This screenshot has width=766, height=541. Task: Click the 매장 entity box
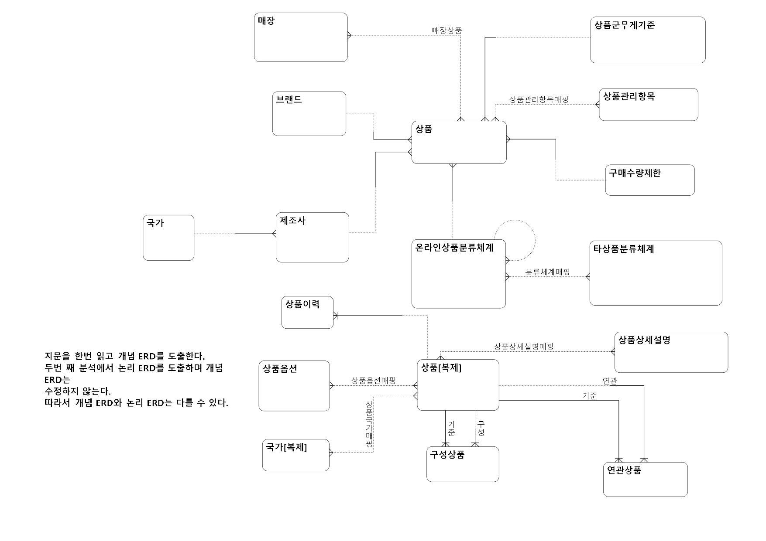pos(301,37)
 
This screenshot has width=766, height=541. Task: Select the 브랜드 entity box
pos(309,114)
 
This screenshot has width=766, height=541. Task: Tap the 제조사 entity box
pos(312,238)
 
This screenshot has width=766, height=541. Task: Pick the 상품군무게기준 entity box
pos(648,40)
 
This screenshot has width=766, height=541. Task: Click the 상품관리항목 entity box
pos(648,105)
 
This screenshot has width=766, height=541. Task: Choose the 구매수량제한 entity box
pos(649,180)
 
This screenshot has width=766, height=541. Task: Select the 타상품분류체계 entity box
pos(656,273)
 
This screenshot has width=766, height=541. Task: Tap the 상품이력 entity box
pos(307,313)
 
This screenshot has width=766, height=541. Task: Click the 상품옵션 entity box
pos(294,386)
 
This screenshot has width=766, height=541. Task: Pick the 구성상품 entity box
pos(463,464)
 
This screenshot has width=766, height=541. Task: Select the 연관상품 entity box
pos(645,480)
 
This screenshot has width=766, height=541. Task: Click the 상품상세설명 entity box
pos(671,352)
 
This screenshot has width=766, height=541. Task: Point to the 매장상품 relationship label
pos(447,31)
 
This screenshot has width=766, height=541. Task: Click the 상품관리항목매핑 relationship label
pos(539,99)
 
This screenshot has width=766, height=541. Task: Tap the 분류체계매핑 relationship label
pos(547,272)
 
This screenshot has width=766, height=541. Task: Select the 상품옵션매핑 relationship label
pos(373,381)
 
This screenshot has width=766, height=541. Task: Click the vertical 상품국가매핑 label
pos(369,424)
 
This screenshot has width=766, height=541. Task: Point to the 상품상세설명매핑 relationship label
pos(524,347)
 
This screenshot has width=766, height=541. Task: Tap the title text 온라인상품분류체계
pos(454,248)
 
